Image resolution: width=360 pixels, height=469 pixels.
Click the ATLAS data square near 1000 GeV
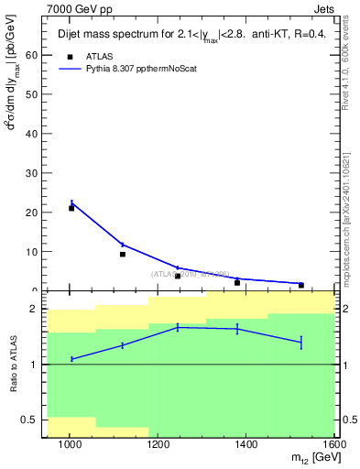click(x=71, y=208)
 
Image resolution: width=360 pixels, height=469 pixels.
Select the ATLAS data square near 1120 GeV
click(x=122, y=254)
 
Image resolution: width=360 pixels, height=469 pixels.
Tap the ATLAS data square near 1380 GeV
click(x=237, y=283)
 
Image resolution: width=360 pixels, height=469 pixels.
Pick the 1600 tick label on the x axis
click(x=334, y=444)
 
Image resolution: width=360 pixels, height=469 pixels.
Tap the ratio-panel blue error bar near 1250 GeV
click(x=178, y=327)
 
